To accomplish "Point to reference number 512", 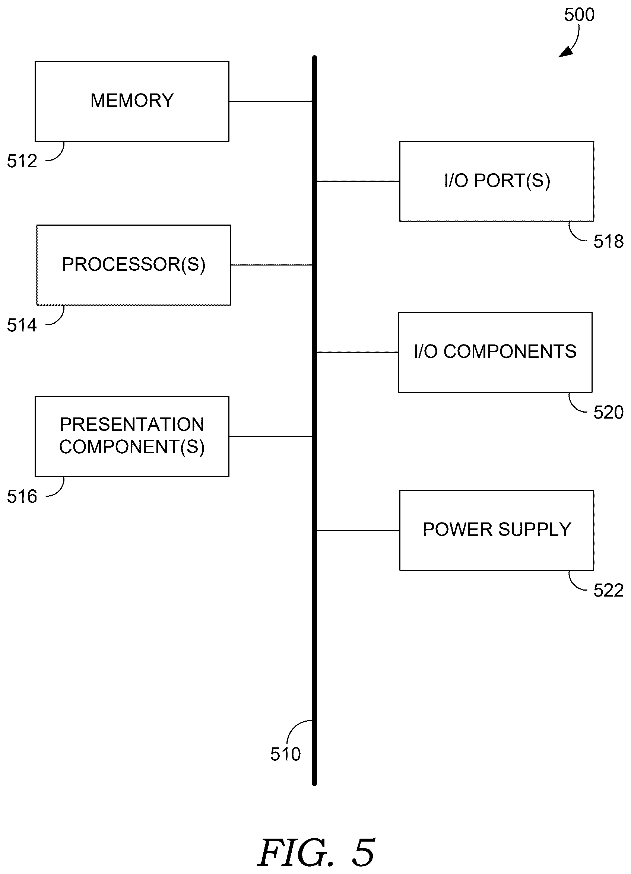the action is [22, 161].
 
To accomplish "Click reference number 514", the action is [22, 325].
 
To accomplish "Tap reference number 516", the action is [22, 496].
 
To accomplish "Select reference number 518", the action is [608, 242].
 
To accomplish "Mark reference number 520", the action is [608, 412].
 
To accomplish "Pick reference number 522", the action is [608, 590].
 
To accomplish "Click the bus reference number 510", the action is [285, 754].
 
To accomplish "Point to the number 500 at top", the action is [579, 15].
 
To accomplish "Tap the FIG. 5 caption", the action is [316, 852].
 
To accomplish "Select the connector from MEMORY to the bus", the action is [270, 101].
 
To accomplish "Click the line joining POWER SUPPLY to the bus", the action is [358, 531].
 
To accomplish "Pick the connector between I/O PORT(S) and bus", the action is [358, 181].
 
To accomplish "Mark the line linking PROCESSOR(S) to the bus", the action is [272, 265].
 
